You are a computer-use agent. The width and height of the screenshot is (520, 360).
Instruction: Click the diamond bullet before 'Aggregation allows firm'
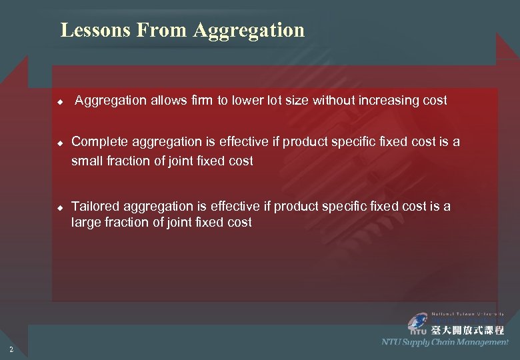[x=59, y=102]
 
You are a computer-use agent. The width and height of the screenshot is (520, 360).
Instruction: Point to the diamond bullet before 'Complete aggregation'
[x=59, y=143]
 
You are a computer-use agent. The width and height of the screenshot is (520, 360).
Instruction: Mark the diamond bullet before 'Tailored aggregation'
[x=59, y=207]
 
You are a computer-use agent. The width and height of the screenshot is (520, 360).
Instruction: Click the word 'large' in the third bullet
[x=86, y=223]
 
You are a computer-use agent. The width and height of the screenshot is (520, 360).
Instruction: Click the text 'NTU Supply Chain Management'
[x=445, y=342]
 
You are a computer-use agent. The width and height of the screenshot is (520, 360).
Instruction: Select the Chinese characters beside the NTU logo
[x=467, y=329]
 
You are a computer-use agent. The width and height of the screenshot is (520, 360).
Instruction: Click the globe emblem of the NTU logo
[x=418, y=320]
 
